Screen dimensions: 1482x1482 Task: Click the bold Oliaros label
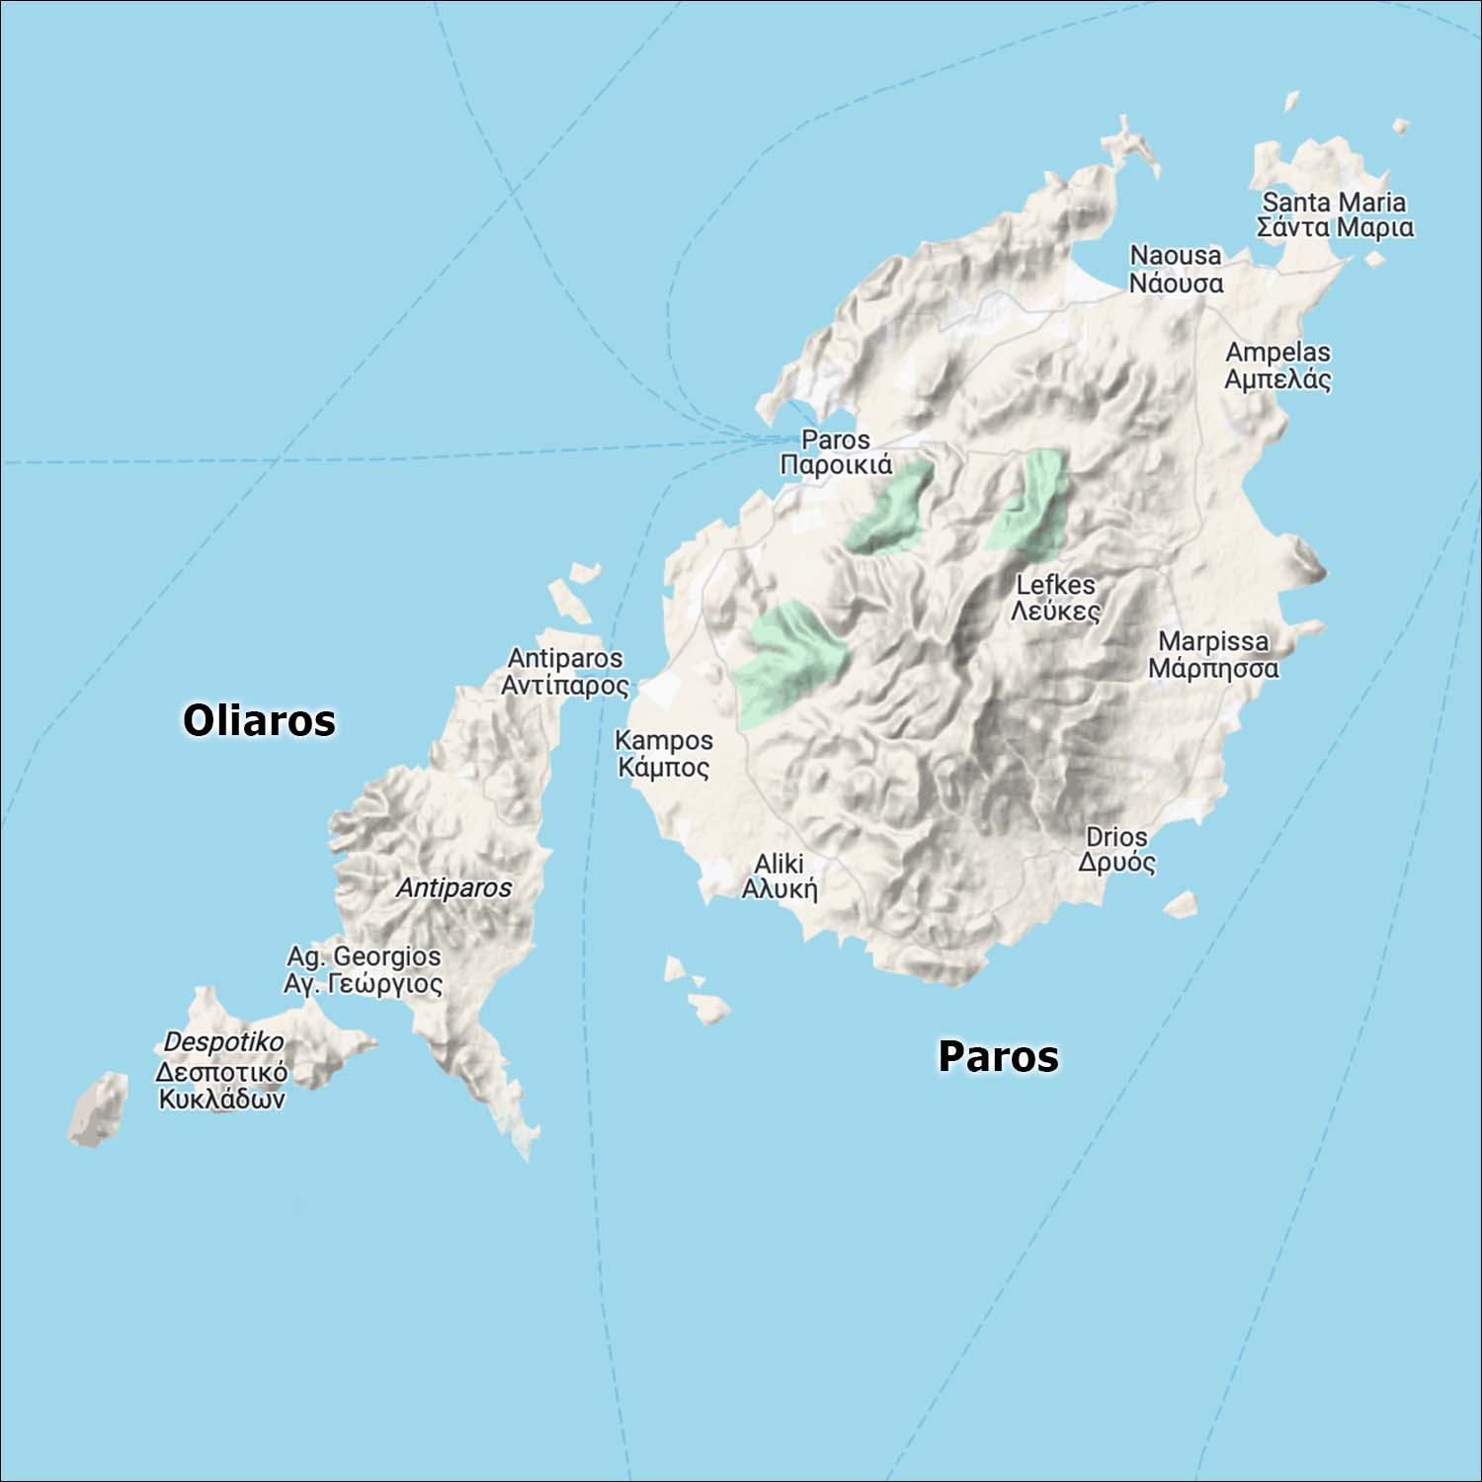259,720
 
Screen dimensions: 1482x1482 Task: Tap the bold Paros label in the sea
998,1056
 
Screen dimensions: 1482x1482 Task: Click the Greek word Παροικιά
836,465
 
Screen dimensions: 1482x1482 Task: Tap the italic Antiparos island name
453,887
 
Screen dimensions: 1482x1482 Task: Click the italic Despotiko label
223,1041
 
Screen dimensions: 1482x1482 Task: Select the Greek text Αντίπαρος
564,685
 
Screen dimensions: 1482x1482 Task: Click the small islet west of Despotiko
99,1109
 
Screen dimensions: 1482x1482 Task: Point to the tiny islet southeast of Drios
1181,904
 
